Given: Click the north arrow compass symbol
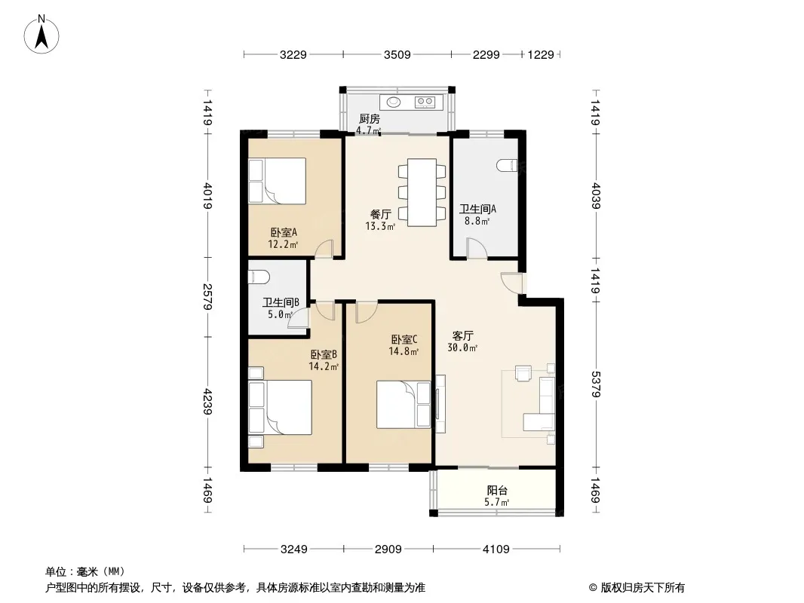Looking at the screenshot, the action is click(41, 35).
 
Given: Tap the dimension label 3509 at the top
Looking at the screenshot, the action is click(397, 54).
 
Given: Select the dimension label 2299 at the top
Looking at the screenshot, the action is click(486, 54).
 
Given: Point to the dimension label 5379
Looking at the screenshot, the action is click(595, 384).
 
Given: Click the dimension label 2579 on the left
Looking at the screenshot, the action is click(207, 297).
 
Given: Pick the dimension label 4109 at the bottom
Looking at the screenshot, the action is click(496, 549).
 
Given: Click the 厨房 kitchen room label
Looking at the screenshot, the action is click(369, 119).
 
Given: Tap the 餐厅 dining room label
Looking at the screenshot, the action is click(380, 214).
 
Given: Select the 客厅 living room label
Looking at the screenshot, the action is click(462, 336).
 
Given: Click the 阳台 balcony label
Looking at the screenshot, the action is click(497, 490).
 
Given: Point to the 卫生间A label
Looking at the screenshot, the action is click(477, 209).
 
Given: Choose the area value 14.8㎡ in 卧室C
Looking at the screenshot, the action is click(404, 351).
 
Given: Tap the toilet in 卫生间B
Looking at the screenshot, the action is click(259, 277).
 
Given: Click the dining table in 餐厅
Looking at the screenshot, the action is click(422, 193).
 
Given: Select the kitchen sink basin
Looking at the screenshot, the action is click(394, 102).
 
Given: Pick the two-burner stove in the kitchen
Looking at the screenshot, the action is click(425, 102).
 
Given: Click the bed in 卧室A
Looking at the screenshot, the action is click(278, 181).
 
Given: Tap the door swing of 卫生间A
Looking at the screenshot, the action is click(477, 248).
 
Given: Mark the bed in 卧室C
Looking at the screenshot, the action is click(404, 404).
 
